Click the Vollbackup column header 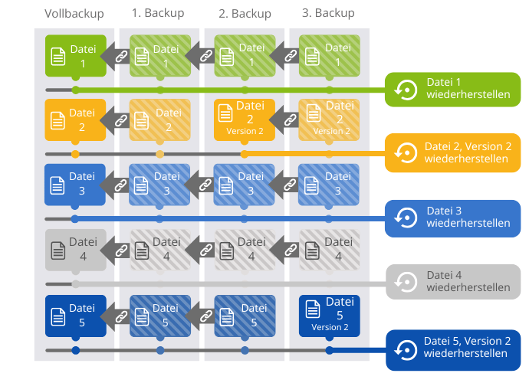coord(74,14)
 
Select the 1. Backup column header coord(159,14)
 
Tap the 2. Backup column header coord(245,14)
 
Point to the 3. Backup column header coord(329,14)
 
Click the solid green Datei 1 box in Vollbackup coord(75,56)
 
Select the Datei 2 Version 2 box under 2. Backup coord(245,119)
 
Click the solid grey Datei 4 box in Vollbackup coord(75,250)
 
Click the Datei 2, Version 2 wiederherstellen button coord(452,153)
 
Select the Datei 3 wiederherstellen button coord(452,218)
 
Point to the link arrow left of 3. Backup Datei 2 coord(287,119)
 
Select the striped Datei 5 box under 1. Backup coord(159,315)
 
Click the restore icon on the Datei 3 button coord(404,218)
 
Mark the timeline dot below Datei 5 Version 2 coord(330,351)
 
